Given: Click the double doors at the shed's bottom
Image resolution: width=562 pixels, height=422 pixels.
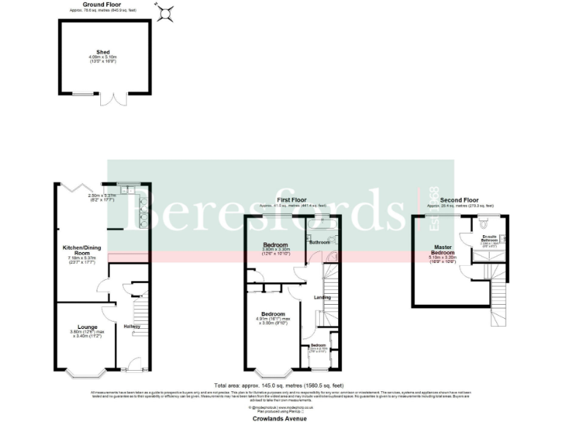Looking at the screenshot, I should [114, 99].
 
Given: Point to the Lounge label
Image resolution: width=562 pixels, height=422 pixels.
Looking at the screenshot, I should [87, 326].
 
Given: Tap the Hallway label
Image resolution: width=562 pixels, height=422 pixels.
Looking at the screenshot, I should [132, 326].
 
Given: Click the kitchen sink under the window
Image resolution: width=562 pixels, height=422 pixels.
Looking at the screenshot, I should [132, 187].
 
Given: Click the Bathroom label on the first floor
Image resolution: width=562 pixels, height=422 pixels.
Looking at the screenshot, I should [320, 242].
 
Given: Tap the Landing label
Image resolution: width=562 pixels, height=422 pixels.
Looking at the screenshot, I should [323, 297].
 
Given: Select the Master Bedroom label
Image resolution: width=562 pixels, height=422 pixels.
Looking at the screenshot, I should [443, 251].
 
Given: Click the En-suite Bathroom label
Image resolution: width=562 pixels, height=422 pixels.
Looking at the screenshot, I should [490, 237].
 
